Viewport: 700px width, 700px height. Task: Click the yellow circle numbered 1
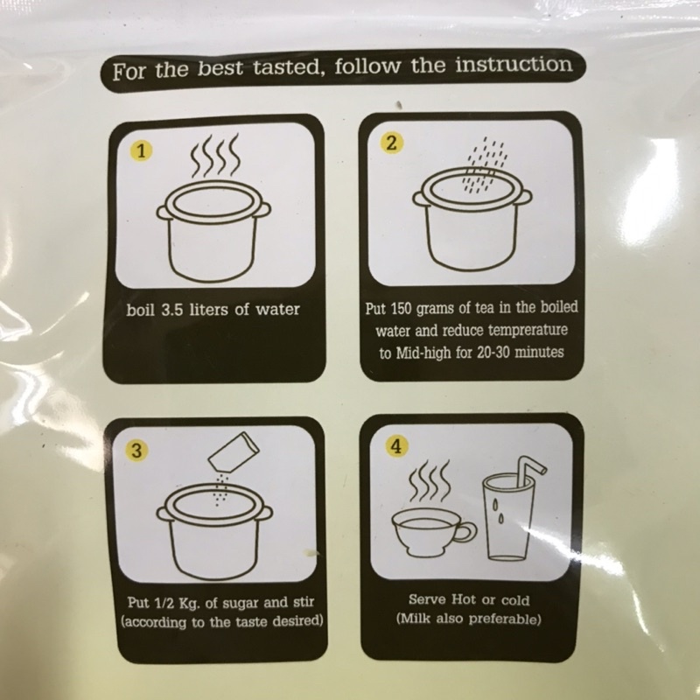[141, 151]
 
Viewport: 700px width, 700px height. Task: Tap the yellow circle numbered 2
[391, 143]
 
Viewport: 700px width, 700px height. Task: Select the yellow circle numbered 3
[136, 450]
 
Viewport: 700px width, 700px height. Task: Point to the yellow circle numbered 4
[397, 446]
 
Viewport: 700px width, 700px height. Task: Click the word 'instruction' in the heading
[514, 64]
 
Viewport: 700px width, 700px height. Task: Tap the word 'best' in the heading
[220, 69]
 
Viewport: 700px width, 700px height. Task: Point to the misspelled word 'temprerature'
[528, 331]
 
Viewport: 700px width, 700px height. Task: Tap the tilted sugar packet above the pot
[234, 451]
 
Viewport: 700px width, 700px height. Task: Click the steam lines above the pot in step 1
[215, 155]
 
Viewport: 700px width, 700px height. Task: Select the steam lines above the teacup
[429, 482]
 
